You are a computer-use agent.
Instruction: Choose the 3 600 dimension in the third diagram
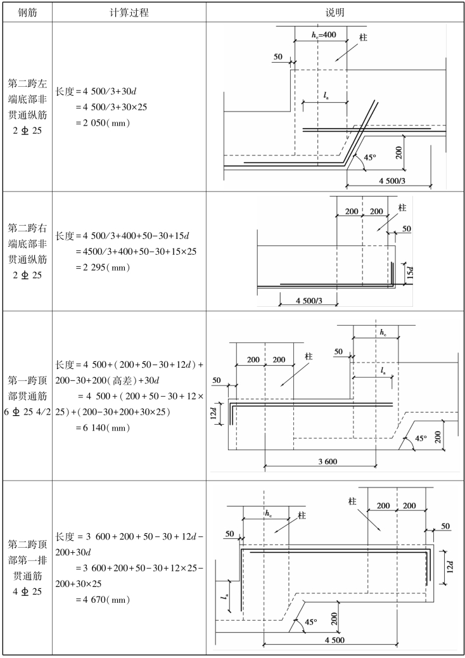(328, 461)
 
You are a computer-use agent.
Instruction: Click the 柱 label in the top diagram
(363, 38)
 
